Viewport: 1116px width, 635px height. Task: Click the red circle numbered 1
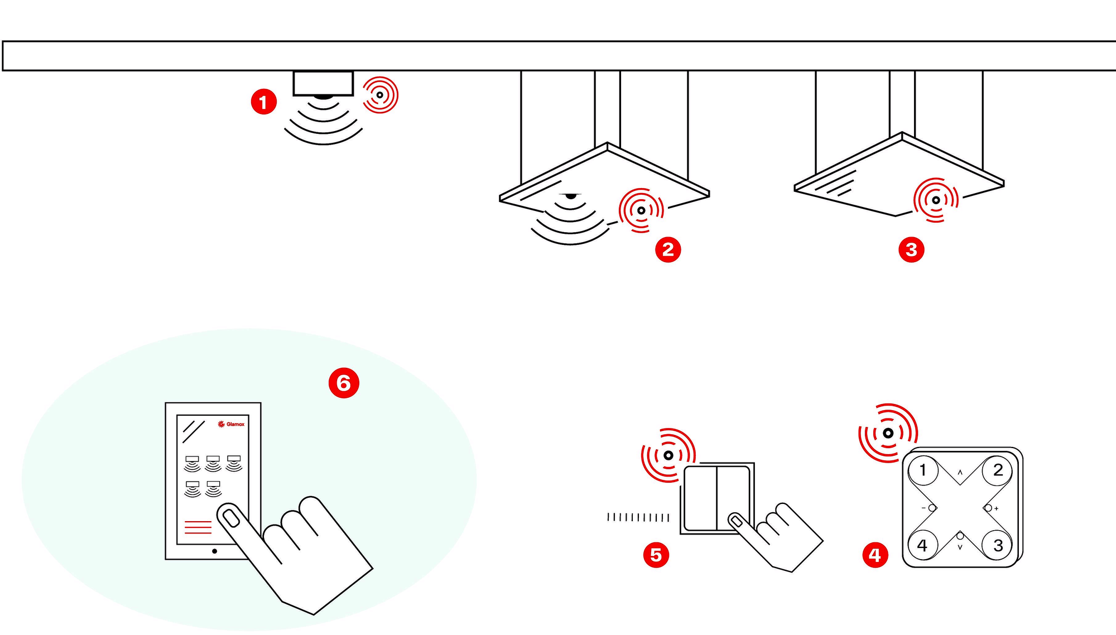[x=264, y=102]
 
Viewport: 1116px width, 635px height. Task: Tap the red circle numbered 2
[x=668, y=249]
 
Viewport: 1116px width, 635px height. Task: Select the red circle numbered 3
[x=911, y=249]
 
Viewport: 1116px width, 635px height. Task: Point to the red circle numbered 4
[x=875, y=555]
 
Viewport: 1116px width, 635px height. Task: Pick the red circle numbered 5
[x=656, y=555]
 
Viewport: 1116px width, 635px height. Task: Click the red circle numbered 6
[x=344, y=383]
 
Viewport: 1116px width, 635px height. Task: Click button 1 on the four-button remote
[x=922, y=470]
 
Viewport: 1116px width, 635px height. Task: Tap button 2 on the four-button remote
[x=998, y=470]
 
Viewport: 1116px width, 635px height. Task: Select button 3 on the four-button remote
[x=998, y=545]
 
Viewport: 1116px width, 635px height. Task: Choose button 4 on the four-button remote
[x=922, y=545]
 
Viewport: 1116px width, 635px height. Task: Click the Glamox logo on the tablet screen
[x=231, y=424]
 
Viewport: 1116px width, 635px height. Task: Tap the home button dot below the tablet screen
[x=214, y=551]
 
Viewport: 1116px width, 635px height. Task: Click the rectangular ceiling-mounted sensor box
[x=323, y=84]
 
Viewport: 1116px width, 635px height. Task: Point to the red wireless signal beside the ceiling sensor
[x=380, y=95]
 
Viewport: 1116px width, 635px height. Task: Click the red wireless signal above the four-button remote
[x=888, y=433]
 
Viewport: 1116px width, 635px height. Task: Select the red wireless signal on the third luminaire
[x=936, y=200]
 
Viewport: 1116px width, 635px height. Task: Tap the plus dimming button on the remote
[x=989, y=508]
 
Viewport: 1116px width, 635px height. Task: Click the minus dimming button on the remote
[x=931, y=508]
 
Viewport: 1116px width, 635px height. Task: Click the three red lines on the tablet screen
[x=198, y=527]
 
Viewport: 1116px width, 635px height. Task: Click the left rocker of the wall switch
[x=700, y=498]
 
